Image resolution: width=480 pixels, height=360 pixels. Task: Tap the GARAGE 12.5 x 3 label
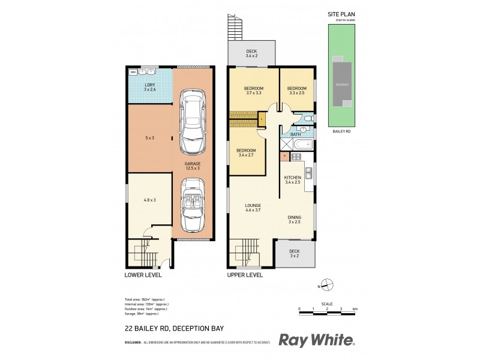tap(192, 165)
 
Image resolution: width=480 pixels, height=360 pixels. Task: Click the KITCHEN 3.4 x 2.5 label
tap(292, 179)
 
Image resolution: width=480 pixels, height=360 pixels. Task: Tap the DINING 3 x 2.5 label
tap(294, 220)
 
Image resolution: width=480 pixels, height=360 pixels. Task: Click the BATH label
tap(295, 134)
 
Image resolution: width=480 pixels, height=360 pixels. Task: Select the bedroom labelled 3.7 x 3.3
tap(253, 91)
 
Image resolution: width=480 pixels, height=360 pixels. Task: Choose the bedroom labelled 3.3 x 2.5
tap(296, 91)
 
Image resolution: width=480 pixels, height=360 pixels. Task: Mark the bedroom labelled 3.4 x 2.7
tap(246, 152)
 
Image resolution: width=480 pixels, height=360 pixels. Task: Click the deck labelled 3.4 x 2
tap(251, 53)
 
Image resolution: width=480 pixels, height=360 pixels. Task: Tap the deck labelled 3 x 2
tap(294, 254)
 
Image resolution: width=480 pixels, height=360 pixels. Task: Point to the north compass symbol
tap(326, 286)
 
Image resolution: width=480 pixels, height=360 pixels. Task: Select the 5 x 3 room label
tap(149, 138)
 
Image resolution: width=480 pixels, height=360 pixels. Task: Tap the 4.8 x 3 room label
tap(149, 200)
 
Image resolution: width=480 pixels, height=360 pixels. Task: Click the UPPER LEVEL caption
tap(245, 275)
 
